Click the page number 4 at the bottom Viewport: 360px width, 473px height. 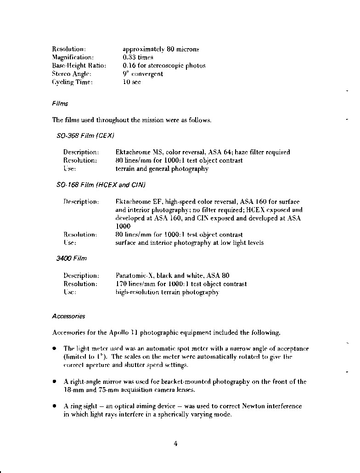click(175, 443)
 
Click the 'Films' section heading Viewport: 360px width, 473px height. click(60, 104)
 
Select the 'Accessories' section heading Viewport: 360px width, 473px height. click(68, 316)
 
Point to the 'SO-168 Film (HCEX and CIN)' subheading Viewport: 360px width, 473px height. click(101, 185)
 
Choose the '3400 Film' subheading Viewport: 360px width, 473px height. click(71, 259)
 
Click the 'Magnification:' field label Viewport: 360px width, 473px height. click(73, 57)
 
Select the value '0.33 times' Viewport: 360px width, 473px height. click(138, 57)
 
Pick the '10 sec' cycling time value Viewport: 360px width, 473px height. click(131, 82)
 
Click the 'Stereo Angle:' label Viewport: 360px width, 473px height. click(72, 74)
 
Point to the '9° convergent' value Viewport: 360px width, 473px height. click(142, 74)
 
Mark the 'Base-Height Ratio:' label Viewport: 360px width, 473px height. click(79, 66)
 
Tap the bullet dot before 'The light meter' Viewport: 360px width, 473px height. click(54, 349)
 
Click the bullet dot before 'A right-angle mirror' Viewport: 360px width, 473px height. click(54, 382)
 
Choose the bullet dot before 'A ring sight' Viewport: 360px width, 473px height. click(54, 406)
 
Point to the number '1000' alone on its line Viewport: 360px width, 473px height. click(123, 226)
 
